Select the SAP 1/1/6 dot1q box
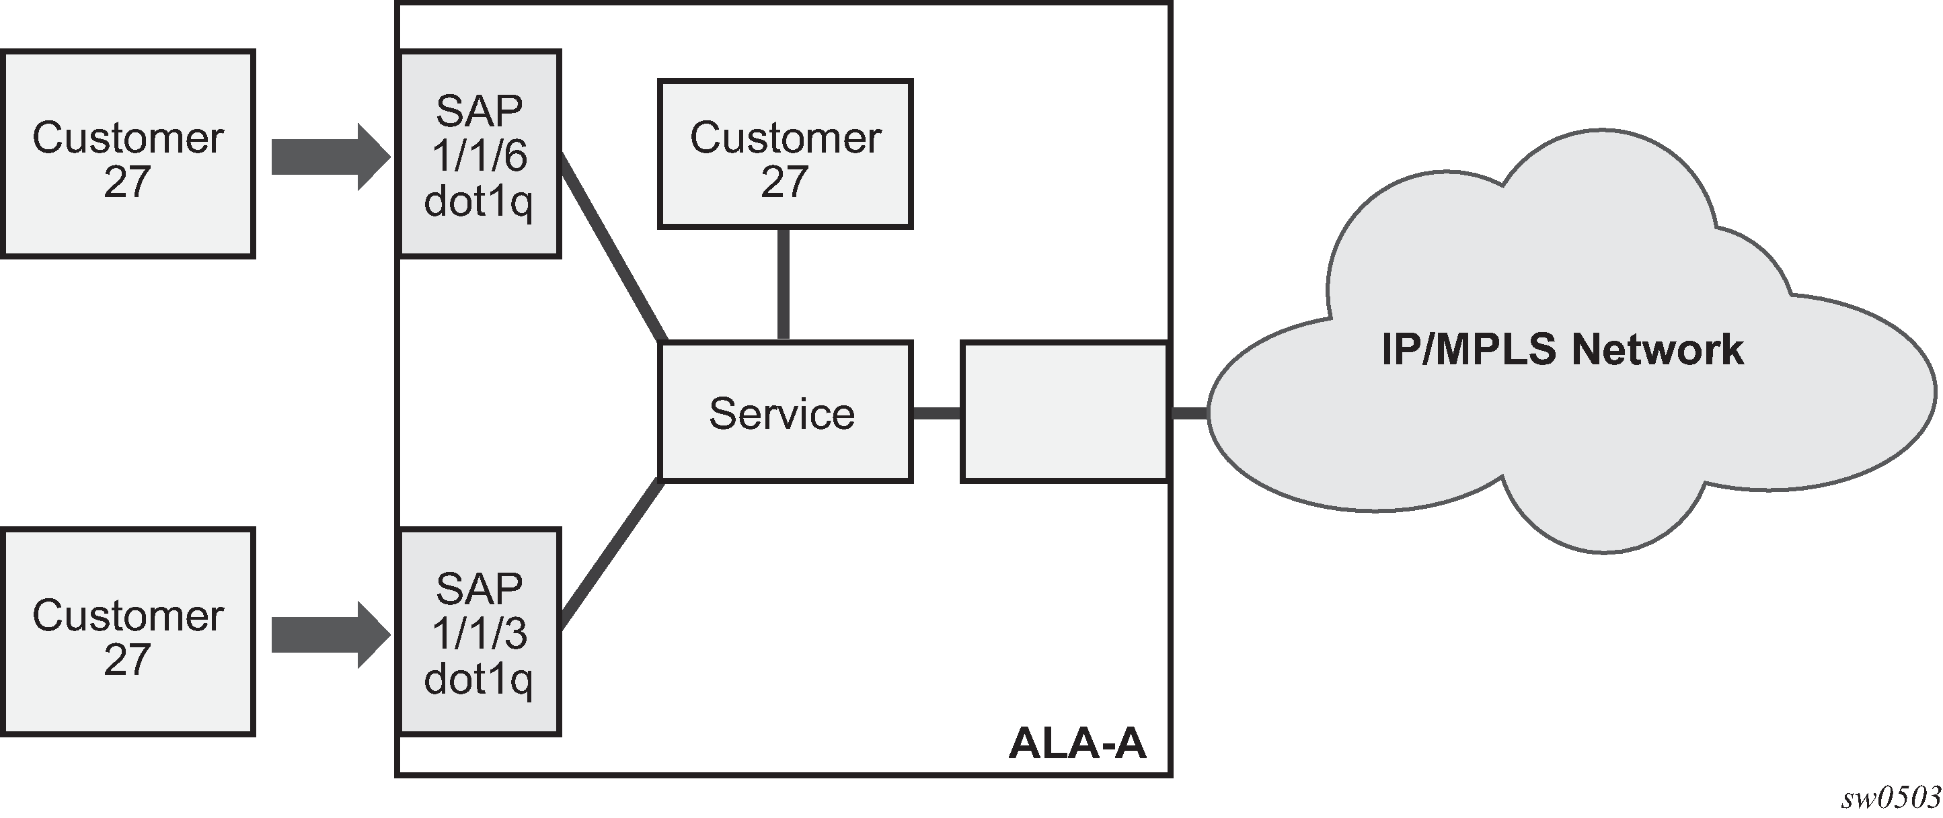tap(479, 155)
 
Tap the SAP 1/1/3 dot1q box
tap(479, 632)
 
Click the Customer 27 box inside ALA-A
tap(784, 154)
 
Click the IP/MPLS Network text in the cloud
tap(1562, 349)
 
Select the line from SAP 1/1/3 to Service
tap(613, 556)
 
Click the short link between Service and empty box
tap(936, 413)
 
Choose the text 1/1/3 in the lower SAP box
tap(479, 633)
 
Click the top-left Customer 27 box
tap(128, 155)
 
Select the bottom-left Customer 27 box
tap(128, 632)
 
